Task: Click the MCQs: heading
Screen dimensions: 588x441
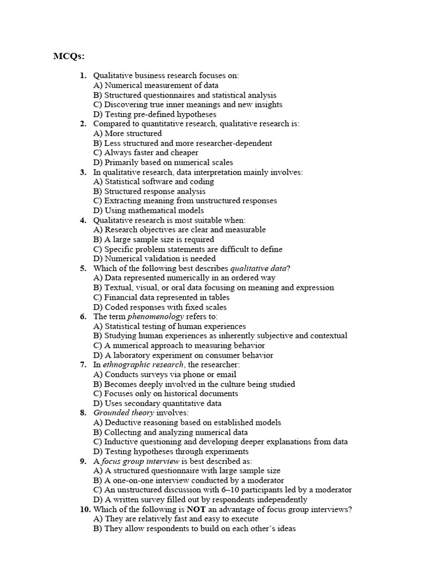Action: pos(69,56)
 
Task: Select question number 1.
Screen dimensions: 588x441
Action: pos(83,76)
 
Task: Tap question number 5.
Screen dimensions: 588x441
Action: pos(83,268)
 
